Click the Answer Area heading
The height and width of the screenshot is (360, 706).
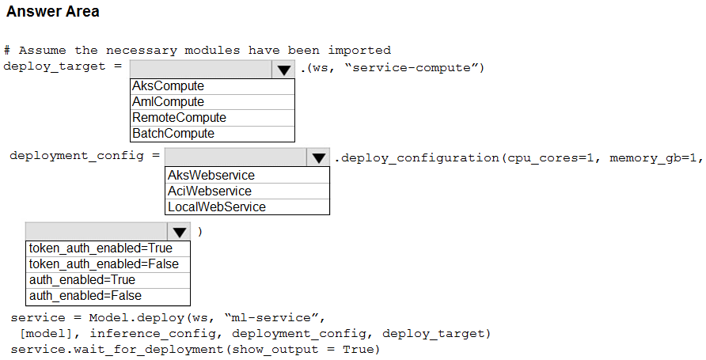pos(53,11)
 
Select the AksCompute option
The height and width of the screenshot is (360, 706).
pos(168,86)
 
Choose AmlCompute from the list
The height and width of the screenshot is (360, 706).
pos(168,102)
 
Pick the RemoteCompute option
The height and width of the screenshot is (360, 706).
pos(179,117)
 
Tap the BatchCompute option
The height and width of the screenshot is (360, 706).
pos(173,133)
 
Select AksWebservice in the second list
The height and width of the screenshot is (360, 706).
pos(211,175)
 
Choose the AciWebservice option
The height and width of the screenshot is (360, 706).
pos(210,191)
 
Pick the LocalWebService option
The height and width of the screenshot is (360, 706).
pos(217,207)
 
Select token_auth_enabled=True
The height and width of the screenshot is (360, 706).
pos(101,248)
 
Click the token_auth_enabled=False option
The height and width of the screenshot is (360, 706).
pos(104,264)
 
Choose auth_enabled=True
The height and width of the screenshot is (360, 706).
pos(82,280)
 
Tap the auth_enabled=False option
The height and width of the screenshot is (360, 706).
pos(85,296)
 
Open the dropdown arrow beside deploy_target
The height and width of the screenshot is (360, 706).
pos(283,70)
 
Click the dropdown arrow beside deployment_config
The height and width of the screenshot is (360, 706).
pos(319,157)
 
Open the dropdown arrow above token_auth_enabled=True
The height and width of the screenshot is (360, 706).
pos(179,232)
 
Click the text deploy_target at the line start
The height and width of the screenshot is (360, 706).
pos(55,66)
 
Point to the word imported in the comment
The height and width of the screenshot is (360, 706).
pos(359,50)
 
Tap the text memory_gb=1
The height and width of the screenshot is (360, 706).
pos(652,158)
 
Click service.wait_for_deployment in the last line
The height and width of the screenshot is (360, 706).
pos(117,349)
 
